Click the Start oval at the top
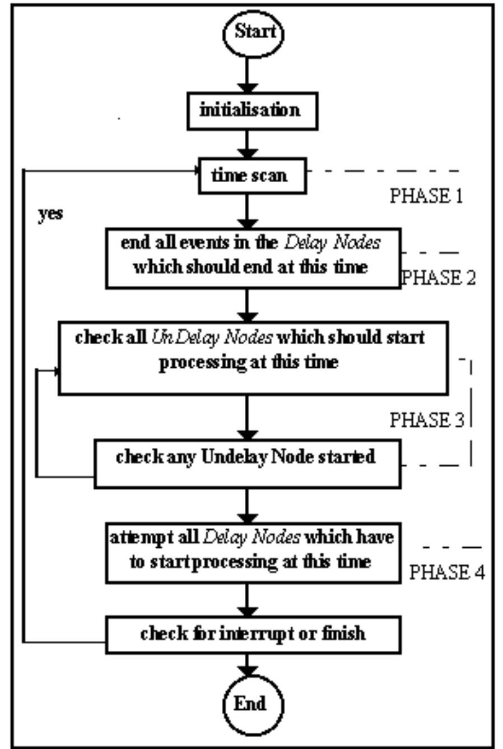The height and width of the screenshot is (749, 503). pos(254,33)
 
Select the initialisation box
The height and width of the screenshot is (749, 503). pos(252,110)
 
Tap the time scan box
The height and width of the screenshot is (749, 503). pos(252,175)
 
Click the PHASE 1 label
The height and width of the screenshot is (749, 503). pos(426,196)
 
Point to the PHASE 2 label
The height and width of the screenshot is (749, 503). pos(439,278)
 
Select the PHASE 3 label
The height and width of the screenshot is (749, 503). pos(427,419)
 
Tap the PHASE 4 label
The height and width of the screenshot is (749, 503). pos(447,572)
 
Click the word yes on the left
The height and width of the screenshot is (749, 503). pos(50,214)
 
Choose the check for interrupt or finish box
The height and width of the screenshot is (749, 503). pos(253,634)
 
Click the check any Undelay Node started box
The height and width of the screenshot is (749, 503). pos(247,463)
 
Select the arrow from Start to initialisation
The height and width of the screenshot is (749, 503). pos(247,75)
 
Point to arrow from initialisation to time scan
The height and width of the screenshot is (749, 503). pos(247,144)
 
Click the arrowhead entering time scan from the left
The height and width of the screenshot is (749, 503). pos(195,170)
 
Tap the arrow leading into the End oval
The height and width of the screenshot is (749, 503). pos(247,665)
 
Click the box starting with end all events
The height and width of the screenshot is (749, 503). pos(253,258)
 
